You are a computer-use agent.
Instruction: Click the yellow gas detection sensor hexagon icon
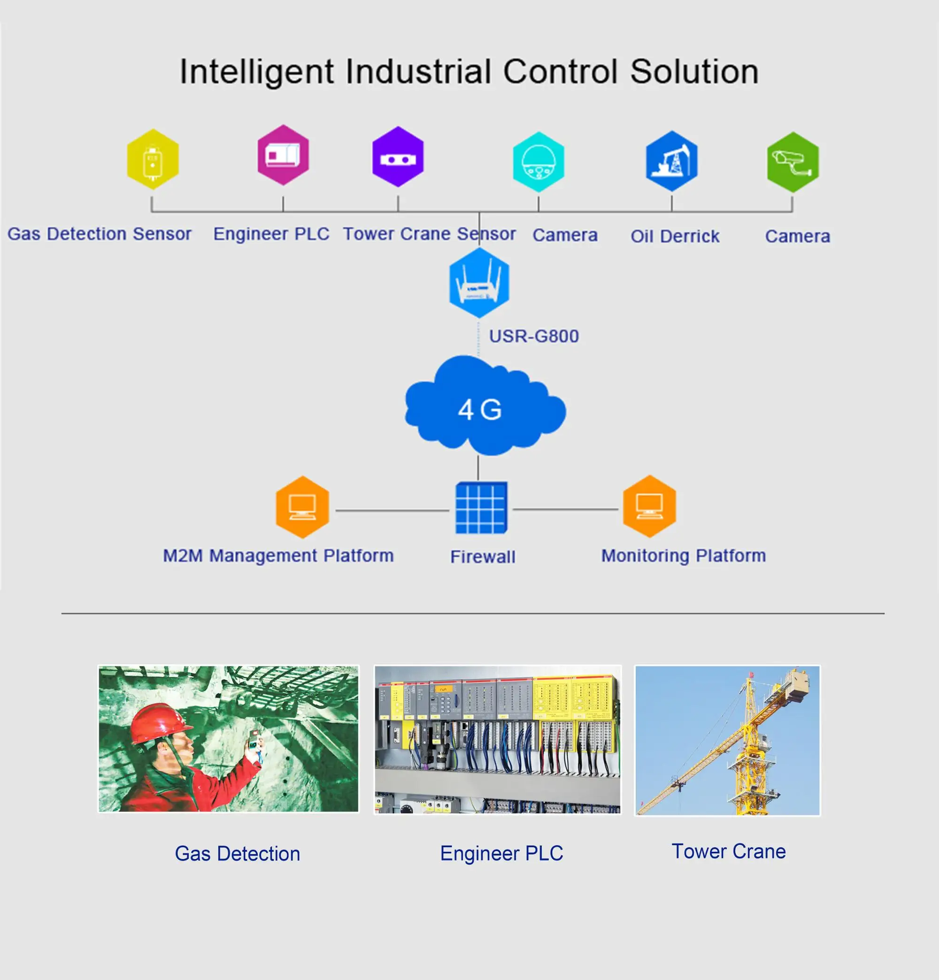(x=153, y=159)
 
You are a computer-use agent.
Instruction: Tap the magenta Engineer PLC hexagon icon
(x=283, y=155)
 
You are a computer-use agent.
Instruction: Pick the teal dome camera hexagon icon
(x=539, y=162)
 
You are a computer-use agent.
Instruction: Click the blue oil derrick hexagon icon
(x=671, y=161)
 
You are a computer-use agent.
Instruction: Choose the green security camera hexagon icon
(x=793, y=162)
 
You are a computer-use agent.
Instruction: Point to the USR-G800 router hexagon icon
(x=479, y=283)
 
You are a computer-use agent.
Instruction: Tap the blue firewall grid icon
(x=481, y=508)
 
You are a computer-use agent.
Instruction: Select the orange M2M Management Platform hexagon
(x=302, y=507)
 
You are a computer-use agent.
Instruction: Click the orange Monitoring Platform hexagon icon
(x=649, y=506)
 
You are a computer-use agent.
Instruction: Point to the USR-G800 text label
(x=534, y=336)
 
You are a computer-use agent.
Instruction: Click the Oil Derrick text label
(x=675, y=237)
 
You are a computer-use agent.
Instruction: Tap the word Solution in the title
(x=694, y=72)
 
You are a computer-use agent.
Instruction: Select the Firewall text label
(x=483, y=557)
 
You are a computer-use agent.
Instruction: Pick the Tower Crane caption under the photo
(x=728, y=851)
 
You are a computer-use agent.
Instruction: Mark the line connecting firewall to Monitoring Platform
(x=565, y=510)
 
